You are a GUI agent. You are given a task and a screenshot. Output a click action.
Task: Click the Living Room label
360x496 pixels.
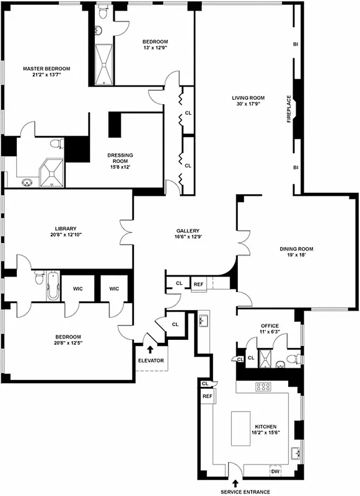click(248, 98)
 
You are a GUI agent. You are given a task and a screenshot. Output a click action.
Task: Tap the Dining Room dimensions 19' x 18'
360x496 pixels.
click(300, 255)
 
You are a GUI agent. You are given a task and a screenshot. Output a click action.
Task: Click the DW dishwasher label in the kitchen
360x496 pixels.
click(275, 472)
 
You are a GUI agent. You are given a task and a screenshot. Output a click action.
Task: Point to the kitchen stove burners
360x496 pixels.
click(263, 386)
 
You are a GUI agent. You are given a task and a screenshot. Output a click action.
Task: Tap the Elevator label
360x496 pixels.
click(151, 360)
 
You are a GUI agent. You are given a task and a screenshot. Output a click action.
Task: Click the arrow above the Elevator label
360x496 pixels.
click(150, 349)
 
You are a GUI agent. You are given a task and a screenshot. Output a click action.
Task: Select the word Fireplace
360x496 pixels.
click(288, 108)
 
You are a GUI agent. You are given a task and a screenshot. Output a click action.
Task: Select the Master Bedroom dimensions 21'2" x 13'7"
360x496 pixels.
click(46, 75)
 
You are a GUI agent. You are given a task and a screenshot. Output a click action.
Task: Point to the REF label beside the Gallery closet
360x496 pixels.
click(198, 284)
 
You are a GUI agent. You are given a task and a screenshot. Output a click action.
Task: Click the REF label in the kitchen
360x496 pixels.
click(207, 396)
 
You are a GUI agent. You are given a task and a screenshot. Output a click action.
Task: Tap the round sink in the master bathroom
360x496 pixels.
click(27, 182)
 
